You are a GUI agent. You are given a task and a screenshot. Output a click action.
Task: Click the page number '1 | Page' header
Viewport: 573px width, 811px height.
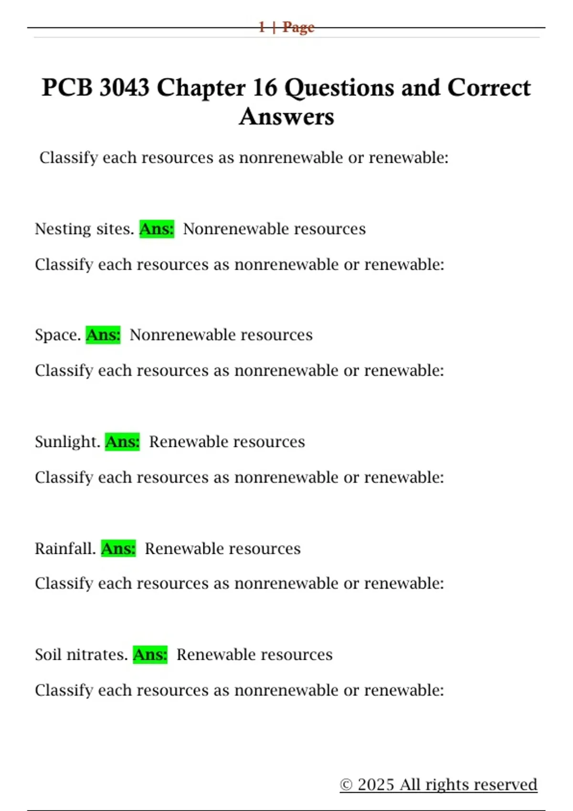tap(286, 27)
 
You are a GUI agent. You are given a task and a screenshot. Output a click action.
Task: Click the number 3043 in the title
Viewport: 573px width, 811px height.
tap(124, 88)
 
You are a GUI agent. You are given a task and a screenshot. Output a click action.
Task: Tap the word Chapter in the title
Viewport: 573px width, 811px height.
tap(201, 89)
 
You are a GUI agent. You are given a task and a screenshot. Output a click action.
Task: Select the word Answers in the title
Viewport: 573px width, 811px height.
tap(286, 117)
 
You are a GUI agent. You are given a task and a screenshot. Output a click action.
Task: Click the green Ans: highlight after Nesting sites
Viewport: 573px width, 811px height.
tap(157, 229)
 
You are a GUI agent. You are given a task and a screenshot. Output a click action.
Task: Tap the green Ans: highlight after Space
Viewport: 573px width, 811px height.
tap(103, 335)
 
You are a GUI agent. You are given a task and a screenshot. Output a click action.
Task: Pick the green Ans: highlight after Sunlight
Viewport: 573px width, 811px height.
tap(122, 442)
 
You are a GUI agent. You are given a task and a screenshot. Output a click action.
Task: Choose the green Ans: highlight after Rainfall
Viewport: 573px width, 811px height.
tap(118, 549)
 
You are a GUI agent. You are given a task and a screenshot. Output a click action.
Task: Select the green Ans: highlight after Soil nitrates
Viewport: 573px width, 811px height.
tap(150, 655)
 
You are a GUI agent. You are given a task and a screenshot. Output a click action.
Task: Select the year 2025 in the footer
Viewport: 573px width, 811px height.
tap(376, 785)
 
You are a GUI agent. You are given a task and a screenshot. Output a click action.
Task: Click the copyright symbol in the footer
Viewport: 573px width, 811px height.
tap(346, 785)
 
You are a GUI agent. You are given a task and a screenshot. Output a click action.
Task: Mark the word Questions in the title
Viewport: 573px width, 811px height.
tap(340, 89)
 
